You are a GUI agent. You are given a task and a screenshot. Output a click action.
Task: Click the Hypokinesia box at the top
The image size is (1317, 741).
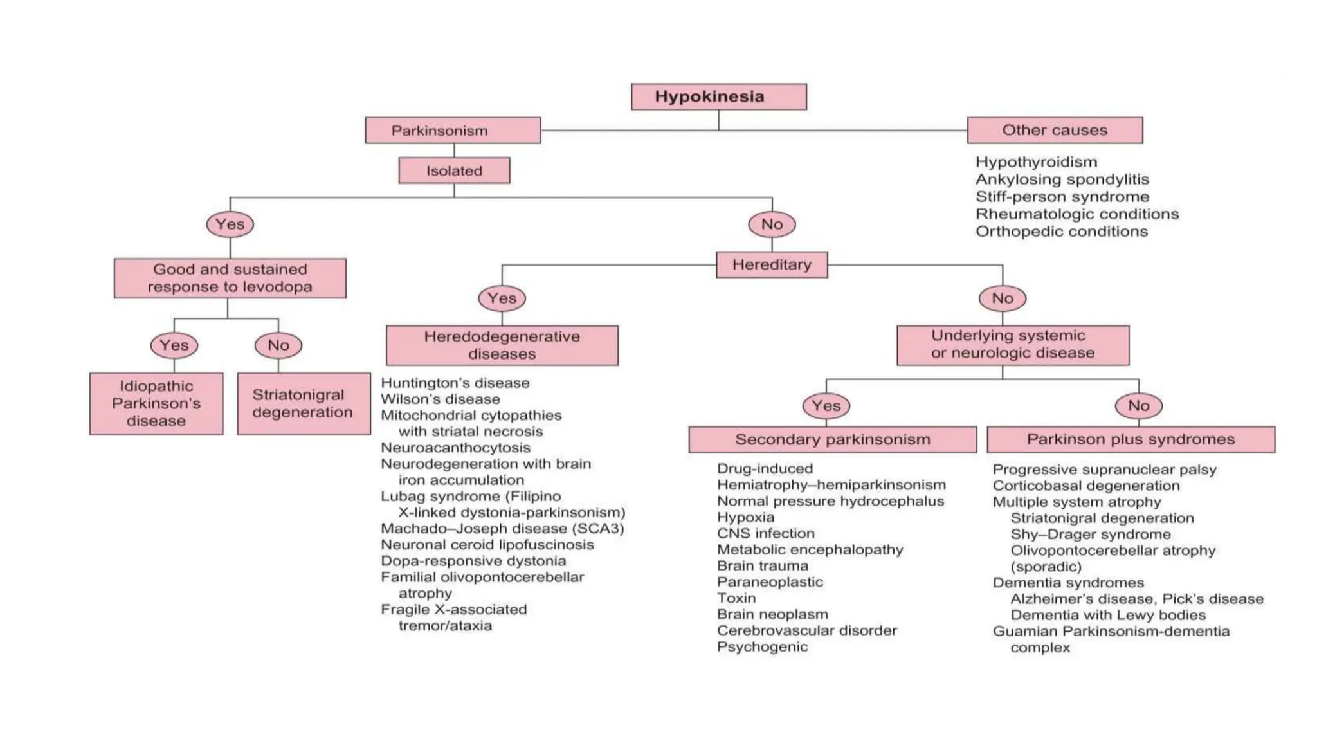[x=718, y=96]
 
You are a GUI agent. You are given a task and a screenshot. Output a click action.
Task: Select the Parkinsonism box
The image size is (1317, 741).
[x=453, y=131]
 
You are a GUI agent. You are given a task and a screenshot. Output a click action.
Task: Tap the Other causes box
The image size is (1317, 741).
[x=1055, y=131]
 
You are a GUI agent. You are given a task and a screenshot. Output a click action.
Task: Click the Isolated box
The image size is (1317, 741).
[x=454, y=171]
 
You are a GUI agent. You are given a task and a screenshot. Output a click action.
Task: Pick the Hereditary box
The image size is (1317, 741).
[x=772, y=264]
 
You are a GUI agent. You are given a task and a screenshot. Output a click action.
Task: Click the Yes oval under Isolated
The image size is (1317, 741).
[x=230, y=224]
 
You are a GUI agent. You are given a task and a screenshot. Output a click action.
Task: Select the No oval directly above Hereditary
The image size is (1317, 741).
[x=772, y=224]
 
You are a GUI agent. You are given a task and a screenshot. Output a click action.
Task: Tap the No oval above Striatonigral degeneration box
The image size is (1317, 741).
[x=278, y=345]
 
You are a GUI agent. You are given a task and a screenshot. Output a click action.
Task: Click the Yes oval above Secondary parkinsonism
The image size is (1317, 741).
[x=826, y=406]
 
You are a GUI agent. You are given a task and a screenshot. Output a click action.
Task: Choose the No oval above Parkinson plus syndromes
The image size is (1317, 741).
[x=1138, y=406]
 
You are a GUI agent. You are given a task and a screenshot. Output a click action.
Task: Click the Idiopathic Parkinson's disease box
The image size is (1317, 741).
[x=156, y=404]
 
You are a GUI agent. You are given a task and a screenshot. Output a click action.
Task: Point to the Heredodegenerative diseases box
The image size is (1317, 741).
[x=502, y=345]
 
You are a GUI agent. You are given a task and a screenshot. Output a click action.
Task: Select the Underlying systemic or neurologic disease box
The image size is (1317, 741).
[x=1013, y=345]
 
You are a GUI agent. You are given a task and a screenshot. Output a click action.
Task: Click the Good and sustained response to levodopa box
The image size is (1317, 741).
[x=230, y=278]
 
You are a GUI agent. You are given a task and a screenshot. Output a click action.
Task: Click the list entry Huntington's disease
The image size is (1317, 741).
[x=455, y=383]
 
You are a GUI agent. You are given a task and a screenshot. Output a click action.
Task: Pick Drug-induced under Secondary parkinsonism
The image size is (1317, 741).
[x=765, y=469]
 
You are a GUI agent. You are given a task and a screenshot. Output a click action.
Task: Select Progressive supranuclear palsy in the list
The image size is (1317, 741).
[x=1104, y=470]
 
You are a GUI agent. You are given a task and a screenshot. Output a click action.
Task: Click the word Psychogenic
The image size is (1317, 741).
[x=762, y=647]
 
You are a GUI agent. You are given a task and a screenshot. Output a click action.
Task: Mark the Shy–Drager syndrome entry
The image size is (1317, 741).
[x=1090, y=535]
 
